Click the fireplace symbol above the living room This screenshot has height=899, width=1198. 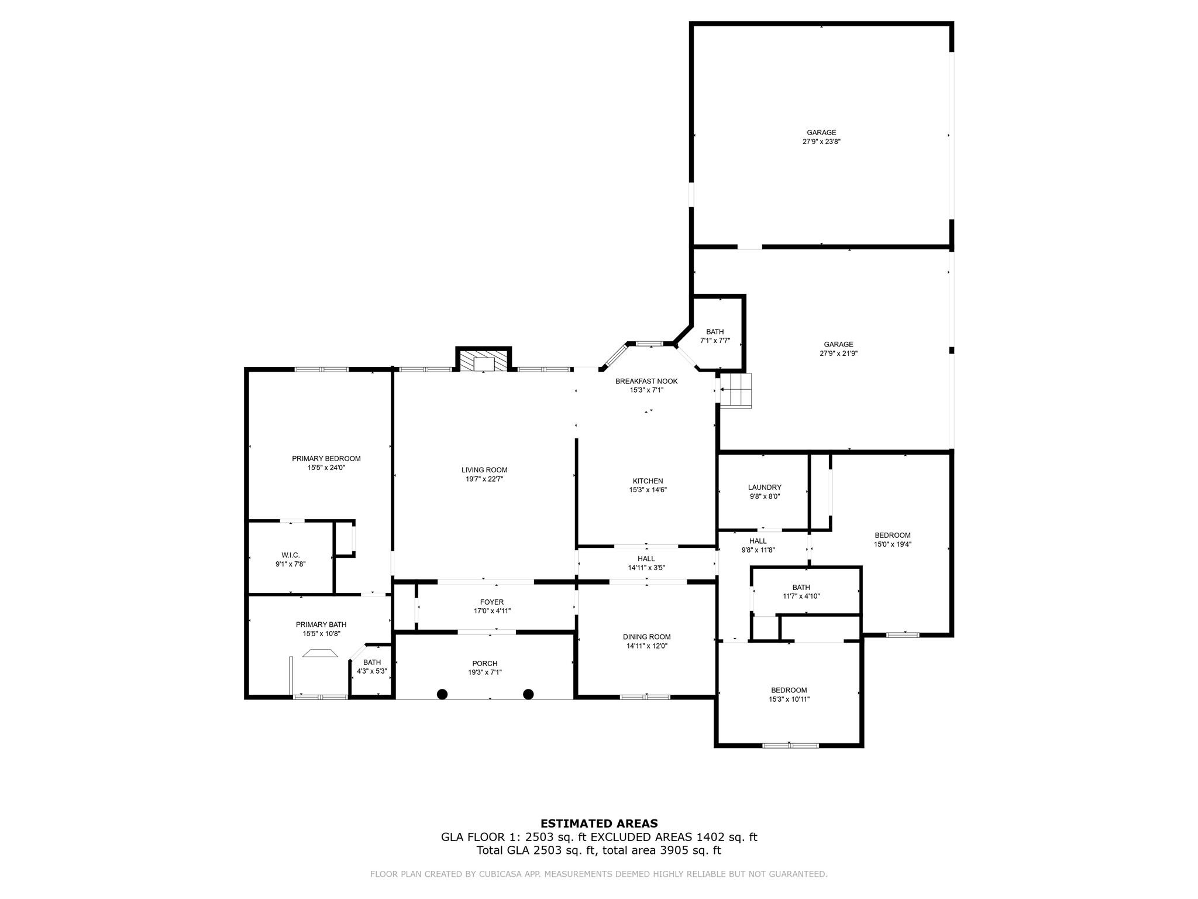pyautogui.click(x=483, y=361)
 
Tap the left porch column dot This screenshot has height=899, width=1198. pyautogui.click(x=442, y=694)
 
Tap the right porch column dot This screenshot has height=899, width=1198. pyautogui.click(x=528, y=694)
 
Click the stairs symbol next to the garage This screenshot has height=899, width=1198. pyautogui.click(x=736, y=390)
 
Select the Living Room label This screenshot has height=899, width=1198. pyautogui.click(x=484, y=470)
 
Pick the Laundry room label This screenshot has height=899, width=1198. pyautogui.click(x=765, y=488)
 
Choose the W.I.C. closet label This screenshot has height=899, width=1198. pyautogui.click(x=291, y=555)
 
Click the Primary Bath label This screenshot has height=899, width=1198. pyautogui.click(x=321, y=625)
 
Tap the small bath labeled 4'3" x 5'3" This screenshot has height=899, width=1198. pyautogui.click(x=372, y=667)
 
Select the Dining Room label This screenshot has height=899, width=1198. pyautogui.click(x=646, y=637)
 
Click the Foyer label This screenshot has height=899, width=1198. pyautogui.click(x=491, y=602)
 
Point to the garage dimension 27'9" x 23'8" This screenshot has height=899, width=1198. pyautogui.click(x=821, y=142)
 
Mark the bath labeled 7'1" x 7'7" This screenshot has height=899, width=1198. pyautogui.click(x=715, y=336)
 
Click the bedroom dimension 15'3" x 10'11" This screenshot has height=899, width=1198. pyautogui.click(x=789, y=699)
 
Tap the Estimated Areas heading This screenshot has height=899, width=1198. pyautogui.click(x=599, y=823)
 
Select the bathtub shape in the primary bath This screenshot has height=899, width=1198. pyautogui.click(x=320, y=654)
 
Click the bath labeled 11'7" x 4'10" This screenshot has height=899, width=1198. pyautogui.click(x=801, y=592)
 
